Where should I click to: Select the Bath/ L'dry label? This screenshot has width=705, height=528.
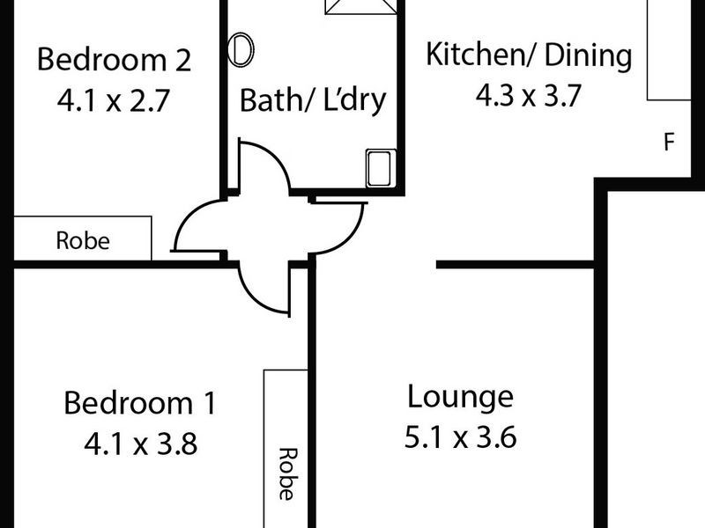coord(313,99)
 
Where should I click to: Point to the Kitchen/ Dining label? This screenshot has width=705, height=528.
coord(529,55)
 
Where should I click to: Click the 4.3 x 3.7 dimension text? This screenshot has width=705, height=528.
coord(529,95)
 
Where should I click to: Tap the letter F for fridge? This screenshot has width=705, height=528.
coord(669,142)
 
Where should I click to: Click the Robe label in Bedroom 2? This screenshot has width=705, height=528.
coord(83,240)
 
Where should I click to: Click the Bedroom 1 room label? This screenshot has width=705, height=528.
coord(139,404)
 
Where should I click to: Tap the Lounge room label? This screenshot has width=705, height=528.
coord(459,396)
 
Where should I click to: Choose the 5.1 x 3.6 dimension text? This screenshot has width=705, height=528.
coord(459,436)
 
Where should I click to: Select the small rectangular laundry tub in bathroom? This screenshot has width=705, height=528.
coord(378,167)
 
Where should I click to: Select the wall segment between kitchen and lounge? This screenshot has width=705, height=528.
coord(516,263)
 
